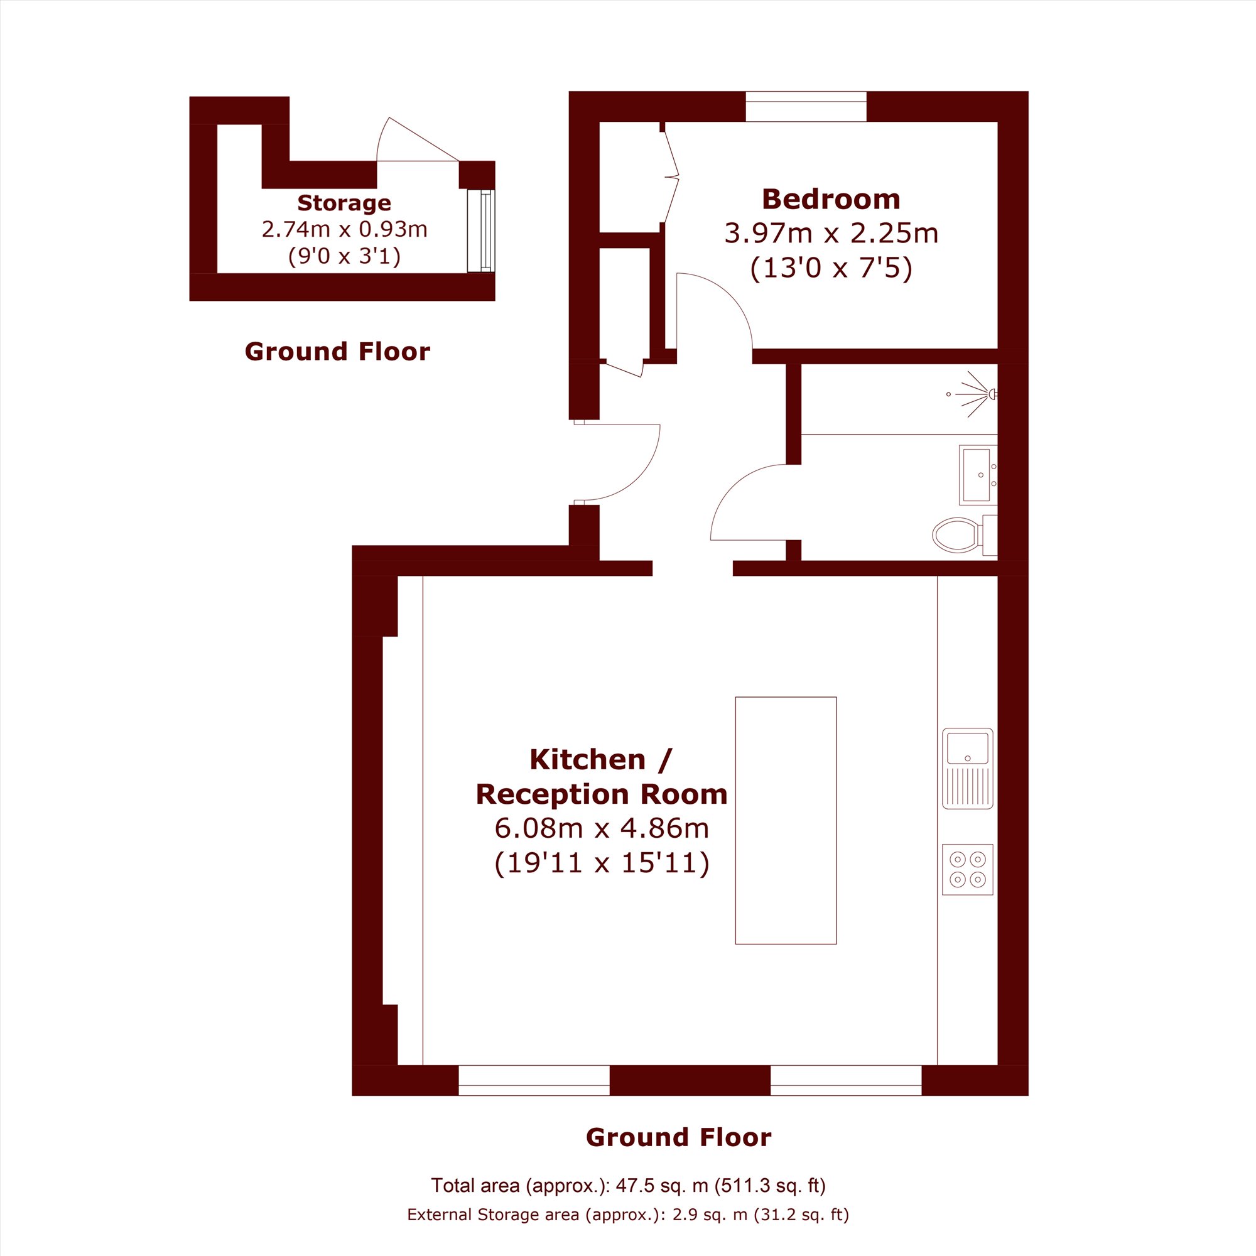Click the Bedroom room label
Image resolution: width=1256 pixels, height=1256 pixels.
click(831, 200)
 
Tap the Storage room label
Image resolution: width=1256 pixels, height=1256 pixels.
click(344, 203)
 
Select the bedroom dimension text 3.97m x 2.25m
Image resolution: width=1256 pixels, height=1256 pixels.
click(831, 234)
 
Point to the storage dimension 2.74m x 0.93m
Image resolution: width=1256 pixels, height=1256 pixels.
click(344, 229)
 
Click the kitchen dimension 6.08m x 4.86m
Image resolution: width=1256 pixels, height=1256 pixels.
click(602, 828)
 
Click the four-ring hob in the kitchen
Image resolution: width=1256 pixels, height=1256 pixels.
click(967, 869)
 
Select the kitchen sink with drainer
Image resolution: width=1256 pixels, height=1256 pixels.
click(967, 769)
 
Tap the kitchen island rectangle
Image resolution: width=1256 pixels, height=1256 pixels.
click(786, 820)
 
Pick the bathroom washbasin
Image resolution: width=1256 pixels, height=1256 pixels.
click(978, 475)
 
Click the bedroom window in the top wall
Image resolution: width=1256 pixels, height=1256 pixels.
click(806, 107)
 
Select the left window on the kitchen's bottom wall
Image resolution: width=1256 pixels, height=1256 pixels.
click(534, 1080)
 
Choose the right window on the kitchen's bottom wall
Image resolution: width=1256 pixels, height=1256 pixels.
click(846, 1080)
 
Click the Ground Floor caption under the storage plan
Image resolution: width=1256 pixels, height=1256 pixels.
click(337, 352)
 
